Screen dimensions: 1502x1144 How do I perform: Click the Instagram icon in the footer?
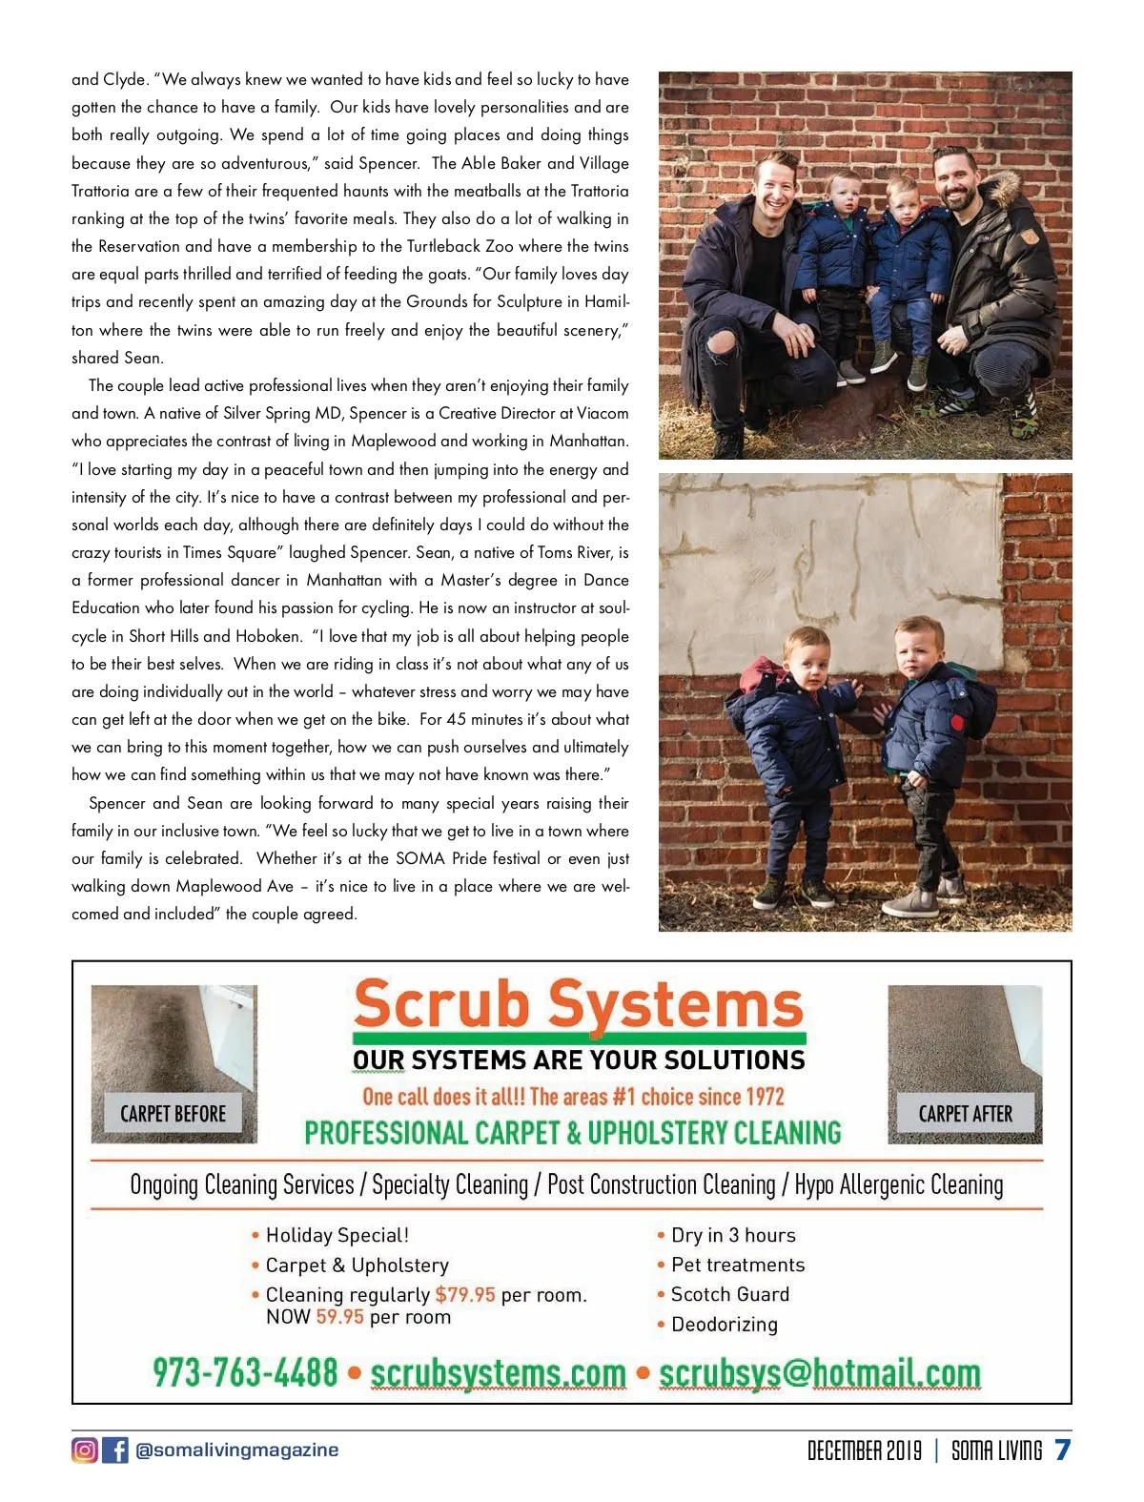(x=84, y=1450)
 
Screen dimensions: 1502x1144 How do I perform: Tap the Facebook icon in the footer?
(x=114, y=1450)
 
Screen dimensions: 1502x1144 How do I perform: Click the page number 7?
(x=1062, y=1450)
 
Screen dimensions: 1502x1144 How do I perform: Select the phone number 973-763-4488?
(x=245, y=1372)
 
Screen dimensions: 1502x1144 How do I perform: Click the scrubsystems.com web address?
(x=498, y=1372)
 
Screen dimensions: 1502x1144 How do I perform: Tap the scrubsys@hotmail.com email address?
(x=819, y=1372)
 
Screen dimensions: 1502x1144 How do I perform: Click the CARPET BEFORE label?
(x=173, y=1113)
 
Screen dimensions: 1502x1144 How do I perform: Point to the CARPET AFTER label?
(x=965, y=1113)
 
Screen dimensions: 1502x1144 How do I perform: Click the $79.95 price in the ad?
(x=465, y=1294)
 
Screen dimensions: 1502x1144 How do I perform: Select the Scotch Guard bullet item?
(x=729, y=1294)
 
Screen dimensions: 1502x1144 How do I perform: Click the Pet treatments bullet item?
(x=737, y=1265)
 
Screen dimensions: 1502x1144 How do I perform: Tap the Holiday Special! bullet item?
(x=337, y=1235)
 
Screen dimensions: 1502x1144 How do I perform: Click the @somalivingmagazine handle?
(x=236, y=1450)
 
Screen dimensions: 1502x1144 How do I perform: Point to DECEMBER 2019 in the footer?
(x=864, y=1451)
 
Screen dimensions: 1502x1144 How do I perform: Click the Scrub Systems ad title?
(x=578, y=1005)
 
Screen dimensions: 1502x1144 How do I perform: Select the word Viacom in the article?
(x=603, y=413)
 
